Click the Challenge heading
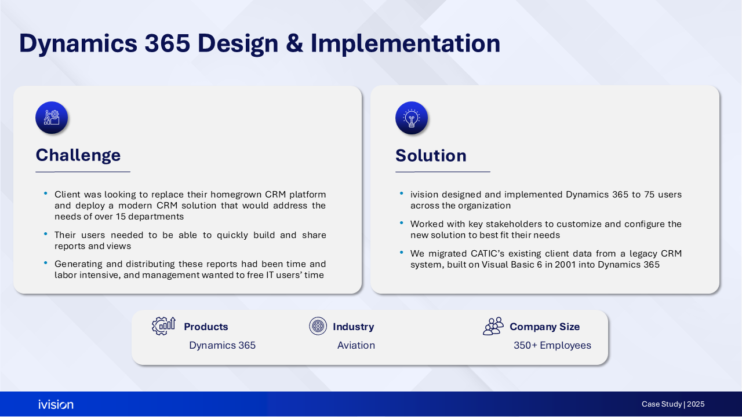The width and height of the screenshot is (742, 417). [x=78, y=156]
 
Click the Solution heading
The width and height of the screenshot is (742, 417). [x=431, y=156]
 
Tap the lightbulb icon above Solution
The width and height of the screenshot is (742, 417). [x=412, y=118]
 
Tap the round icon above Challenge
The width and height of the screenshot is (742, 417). [x=52, y=118]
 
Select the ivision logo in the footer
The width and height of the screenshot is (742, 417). [x=56, y=404]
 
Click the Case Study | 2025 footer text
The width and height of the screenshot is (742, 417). [x=673, y=404]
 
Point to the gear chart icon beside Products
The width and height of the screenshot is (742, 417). [x=163, y=326]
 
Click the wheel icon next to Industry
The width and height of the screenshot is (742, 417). [x=318, y=326]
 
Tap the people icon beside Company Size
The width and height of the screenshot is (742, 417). [x=493, y=326]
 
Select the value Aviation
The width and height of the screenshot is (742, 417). [x=356, y=345]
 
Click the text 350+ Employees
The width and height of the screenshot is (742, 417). [x=552, y=346]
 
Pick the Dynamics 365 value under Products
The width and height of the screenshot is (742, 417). [x=222, y=345]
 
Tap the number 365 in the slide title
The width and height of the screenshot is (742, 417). [x=168, y=43]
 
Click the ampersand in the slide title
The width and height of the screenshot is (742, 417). [x=294, y=43]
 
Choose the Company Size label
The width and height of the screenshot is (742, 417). [x=544, y=327]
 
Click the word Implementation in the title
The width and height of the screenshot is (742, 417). [x=405, y=44]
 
